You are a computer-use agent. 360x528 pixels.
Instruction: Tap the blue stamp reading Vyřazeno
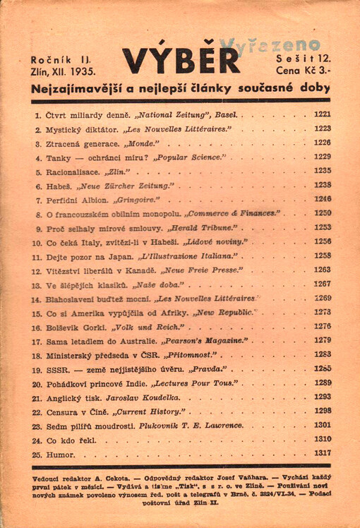pos(271,46)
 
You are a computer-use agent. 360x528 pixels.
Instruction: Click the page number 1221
pos(322,114)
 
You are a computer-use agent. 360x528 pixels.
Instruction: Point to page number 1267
pos(322,284)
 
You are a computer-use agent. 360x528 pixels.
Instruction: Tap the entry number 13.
pos(37,284)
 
